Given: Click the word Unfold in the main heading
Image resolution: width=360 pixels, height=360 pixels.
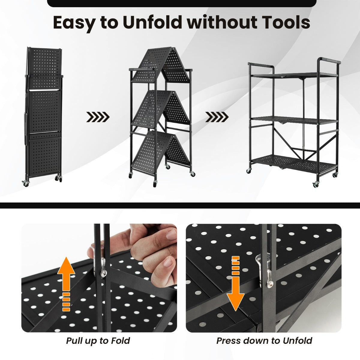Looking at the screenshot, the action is point(152,22).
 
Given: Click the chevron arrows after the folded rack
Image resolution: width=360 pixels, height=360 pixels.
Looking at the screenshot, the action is point(98,117).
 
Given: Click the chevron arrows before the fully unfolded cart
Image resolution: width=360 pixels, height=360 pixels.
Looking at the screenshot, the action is point(217,117).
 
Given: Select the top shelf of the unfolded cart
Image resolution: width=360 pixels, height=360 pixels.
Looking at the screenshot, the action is point(294,75).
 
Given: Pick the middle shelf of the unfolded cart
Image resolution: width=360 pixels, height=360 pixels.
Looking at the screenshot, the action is point(294,120).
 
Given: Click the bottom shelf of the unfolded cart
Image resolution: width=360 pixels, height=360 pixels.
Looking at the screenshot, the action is point(294,162).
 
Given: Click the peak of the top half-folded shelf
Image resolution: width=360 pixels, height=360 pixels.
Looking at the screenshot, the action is point(174,48).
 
